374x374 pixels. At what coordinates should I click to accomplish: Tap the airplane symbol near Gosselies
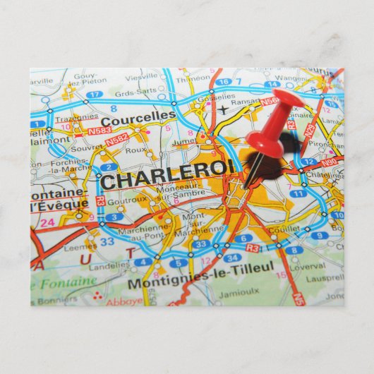click(224, 109)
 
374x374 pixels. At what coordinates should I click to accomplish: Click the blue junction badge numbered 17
click(94, 95)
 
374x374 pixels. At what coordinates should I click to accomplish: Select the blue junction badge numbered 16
click(223, 83)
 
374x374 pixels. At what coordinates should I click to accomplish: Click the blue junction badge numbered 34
click(232, 258)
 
